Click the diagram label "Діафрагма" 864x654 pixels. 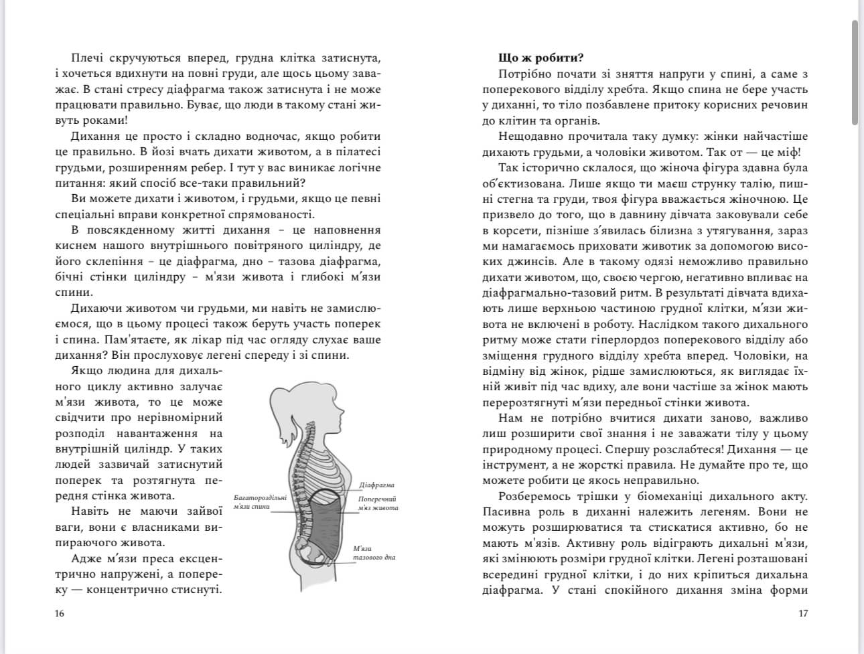click(376, 485)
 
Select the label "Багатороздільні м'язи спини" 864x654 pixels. click(261, 502)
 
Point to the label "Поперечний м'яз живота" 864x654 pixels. click(378, 503)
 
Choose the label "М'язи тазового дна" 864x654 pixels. click(374, 553)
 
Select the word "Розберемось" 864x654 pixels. click(536, 496)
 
